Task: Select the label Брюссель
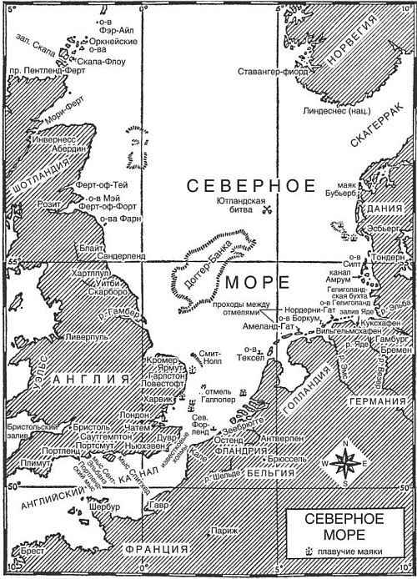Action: [x=284, y=460]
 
